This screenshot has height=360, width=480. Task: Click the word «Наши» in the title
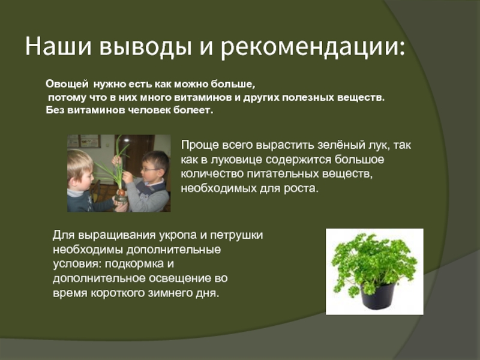58,47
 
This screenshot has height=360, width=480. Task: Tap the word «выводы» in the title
145,48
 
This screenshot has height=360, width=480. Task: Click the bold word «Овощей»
67,84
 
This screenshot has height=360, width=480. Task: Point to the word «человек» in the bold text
149,110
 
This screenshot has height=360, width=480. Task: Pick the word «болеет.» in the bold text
193,110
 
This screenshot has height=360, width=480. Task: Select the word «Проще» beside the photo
199,145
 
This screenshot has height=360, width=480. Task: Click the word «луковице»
235,160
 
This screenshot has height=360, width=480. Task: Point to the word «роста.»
301,188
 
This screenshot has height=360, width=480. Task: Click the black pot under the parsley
377,296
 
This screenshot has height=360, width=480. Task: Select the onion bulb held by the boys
122,193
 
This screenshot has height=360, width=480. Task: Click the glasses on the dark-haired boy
149,169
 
